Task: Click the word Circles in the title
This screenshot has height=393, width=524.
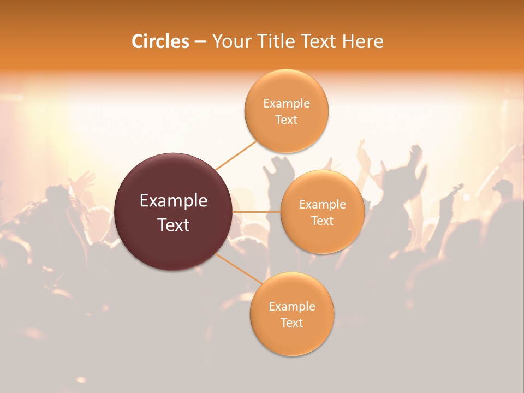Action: coord(160,41)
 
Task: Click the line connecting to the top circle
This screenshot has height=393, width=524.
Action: coord(236,155)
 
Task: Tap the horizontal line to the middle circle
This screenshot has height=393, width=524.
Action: coord(257,212)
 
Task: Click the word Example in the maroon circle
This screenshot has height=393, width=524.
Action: coord(174,201)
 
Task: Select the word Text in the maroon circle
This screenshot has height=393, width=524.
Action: coord(174,225)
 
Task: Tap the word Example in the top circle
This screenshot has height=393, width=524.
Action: coord(287,104)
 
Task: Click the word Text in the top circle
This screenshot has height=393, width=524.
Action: coord(287,120)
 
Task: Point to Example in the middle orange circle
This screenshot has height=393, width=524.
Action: coord(323,205)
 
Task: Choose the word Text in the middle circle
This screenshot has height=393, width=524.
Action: coord(323,221)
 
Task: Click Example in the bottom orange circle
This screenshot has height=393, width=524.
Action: coord(292,307)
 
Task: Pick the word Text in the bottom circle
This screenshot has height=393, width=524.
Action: coord(292,323)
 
